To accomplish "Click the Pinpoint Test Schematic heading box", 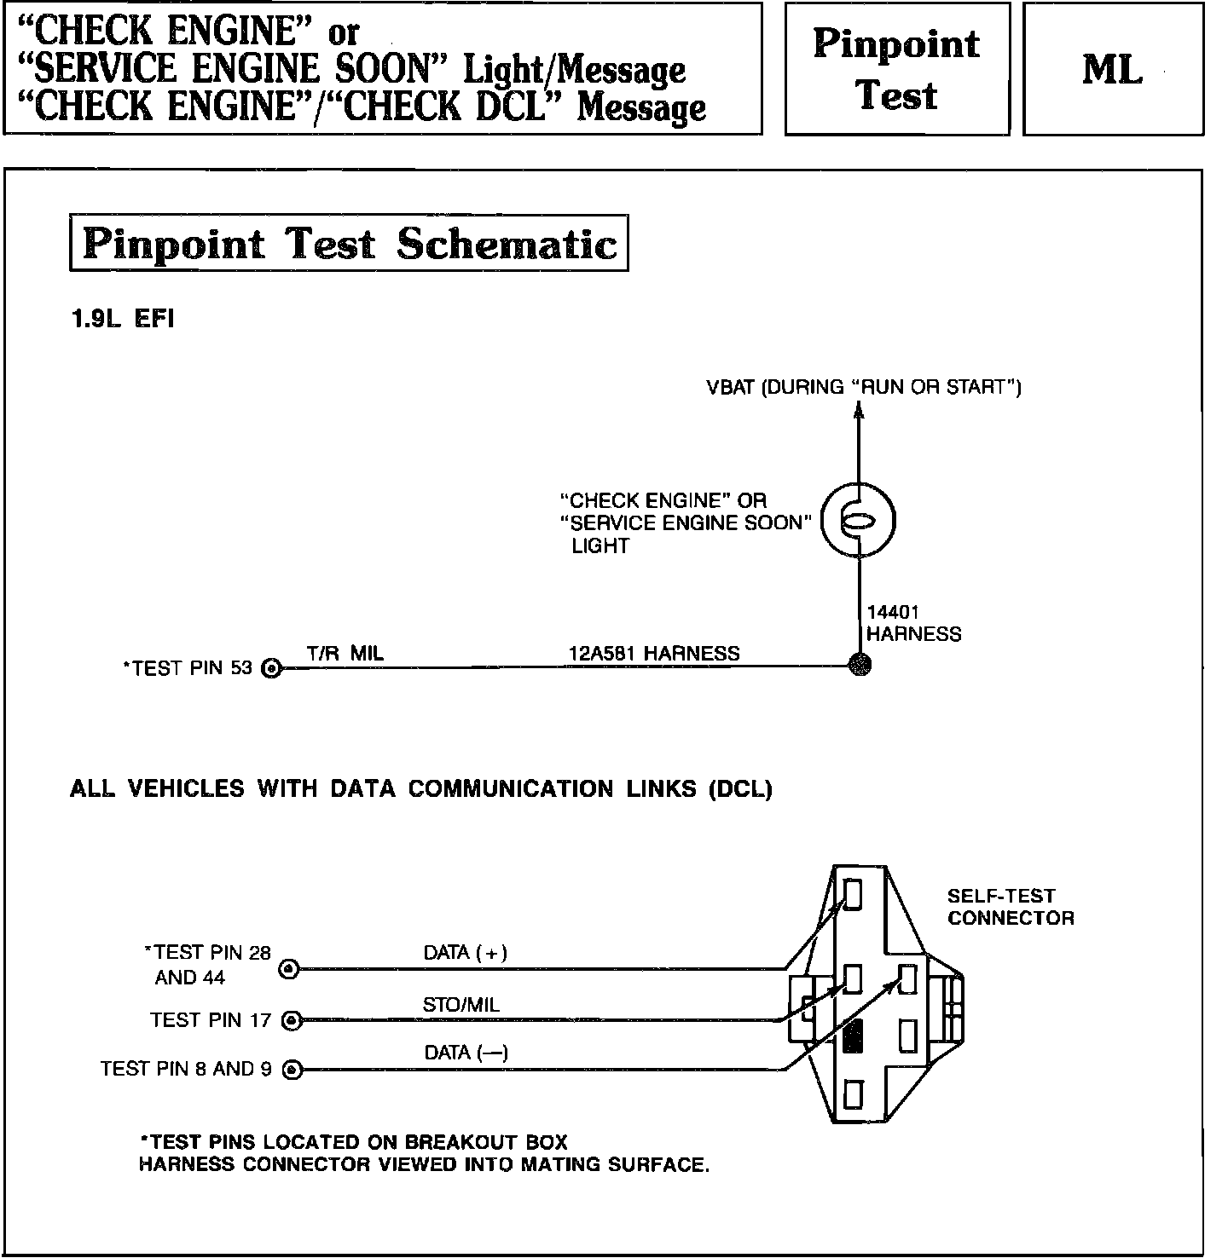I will (x=349, y=244).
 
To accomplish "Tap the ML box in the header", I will (x=1113, y=69).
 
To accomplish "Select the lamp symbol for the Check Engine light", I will (x=859, y=522).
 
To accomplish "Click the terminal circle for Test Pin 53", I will (x=272, y=668).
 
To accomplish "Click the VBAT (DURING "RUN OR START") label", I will (x=863, y=388).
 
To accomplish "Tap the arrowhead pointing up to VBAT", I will (x=859, y=411).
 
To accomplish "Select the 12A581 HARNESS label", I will (x=654, y=654).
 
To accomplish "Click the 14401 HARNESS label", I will (x=912, y=623).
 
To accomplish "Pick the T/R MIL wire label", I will (x=345, y=654).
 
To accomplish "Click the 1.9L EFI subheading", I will (x=122, y=320).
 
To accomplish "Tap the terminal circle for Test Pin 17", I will (x=292, y=1019).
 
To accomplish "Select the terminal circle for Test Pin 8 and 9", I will (x=293, y=1070).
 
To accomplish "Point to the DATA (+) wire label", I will (x=466, y=953).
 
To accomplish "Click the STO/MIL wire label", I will (x=460, y=1005).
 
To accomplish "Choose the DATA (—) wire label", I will (x=466, y=1053).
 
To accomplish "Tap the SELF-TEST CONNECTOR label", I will (x=1011, y=907).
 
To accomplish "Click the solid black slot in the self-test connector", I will (x=852, y=1036).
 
